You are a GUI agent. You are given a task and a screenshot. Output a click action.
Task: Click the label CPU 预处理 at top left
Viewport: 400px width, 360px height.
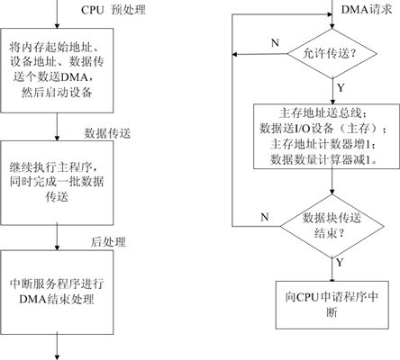114,10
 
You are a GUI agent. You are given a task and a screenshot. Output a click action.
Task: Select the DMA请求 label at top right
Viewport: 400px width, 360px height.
367,10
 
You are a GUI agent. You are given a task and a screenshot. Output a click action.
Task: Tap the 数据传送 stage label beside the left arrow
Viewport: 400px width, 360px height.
107,133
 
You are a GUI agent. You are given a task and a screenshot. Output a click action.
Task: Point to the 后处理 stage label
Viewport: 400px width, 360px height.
108,242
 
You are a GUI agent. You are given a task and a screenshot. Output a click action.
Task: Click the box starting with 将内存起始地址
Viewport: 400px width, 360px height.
57,70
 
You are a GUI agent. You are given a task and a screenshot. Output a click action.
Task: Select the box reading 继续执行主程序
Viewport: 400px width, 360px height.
57,183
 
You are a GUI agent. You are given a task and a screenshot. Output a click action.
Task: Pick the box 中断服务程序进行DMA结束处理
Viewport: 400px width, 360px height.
57,292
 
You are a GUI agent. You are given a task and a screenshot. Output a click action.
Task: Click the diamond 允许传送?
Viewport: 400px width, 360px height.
332,54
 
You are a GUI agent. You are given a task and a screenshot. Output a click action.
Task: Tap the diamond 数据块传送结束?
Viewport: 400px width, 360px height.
332,226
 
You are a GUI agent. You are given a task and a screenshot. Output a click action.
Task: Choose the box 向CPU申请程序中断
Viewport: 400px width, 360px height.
332,305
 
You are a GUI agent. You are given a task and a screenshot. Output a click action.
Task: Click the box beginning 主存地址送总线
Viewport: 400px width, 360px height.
327,137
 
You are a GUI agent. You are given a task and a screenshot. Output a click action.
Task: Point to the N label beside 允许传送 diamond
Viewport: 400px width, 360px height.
275,43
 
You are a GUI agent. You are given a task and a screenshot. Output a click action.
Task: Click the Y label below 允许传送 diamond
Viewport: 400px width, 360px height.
341,88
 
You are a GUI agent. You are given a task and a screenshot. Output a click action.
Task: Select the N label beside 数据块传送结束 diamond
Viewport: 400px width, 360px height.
265,217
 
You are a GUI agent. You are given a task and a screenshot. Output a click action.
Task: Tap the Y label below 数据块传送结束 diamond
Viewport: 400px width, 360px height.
340,263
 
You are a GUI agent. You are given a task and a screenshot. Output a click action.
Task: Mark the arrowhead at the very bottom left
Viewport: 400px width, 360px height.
57,356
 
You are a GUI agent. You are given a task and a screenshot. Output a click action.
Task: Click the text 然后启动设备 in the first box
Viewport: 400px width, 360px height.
57,92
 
